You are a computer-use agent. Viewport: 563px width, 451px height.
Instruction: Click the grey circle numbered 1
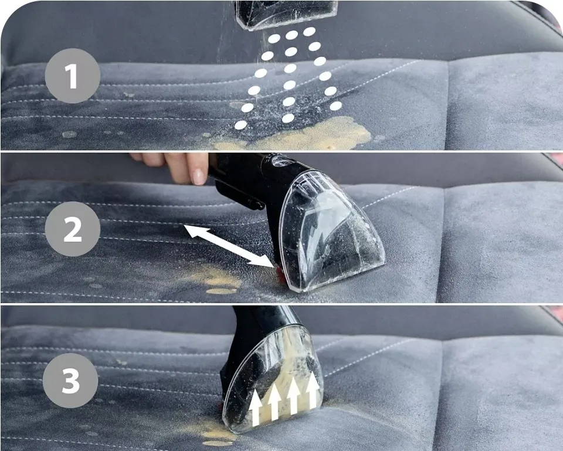coord(72,76)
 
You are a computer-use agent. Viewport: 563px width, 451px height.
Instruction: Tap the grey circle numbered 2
coord(73,229)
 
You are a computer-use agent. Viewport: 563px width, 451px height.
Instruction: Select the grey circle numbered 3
coord(70,380)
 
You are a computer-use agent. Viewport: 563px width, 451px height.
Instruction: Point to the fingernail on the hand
coord(198,177)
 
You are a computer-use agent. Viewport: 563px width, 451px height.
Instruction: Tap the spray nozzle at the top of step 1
coord(286,14)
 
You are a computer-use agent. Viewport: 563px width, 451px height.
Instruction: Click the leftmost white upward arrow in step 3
coord(256,408)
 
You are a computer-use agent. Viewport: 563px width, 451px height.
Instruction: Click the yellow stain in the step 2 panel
coord(217,280)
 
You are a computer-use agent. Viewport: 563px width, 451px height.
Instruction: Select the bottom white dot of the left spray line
coord(240,125)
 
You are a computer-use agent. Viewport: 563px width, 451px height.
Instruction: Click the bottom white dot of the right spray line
coord(335,106)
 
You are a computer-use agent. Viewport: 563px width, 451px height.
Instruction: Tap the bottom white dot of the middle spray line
coord(288,118)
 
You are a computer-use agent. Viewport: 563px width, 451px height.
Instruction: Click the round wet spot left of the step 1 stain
coord(69,134)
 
